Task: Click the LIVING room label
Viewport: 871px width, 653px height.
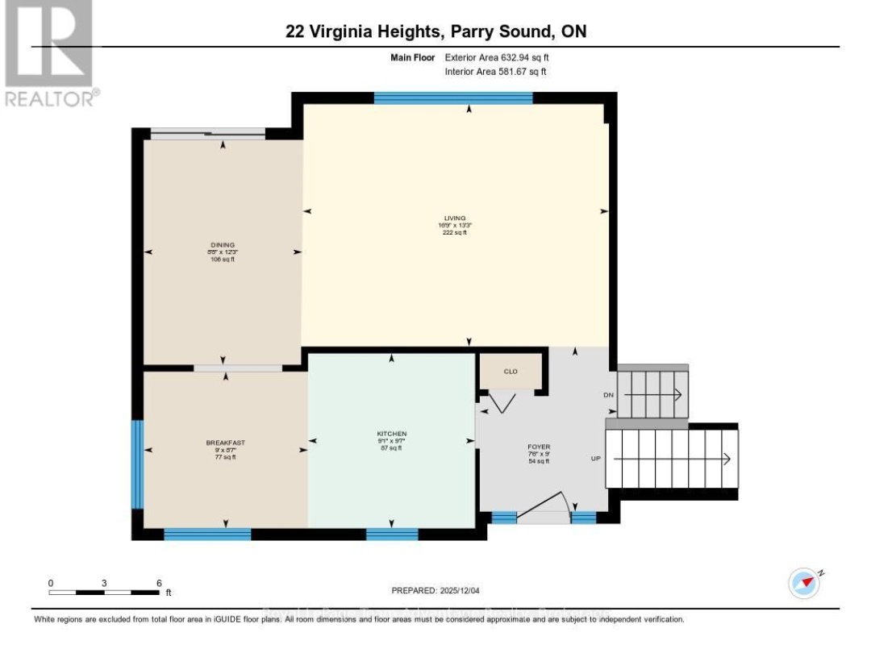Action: pos(456,218)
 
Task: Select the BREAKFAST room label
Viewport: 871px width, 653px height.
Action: pos(225,443)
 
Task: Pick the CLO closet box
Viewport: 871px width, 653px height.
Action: pos(511,371)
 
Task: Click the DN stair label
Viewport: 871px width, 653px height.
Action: pos(610,395)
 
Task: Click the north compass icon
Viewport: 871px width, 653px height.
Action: pos(806,581)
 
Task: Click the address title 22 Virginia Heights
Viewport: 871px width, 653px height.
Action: pos(435,32)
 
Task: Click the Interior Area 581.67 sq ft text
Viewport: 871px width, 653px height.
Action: pos(496,72)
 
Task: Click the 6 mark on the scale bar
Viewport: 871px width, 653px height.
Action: pos(159,582)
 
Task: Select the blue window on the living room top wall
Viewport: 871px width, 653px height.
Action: pos(453,98)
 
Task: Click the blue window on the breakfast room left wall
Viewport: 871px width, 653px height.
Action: pos(137,464)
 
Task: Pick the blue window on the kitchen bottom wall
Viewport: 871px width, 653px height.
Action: pos(392,534)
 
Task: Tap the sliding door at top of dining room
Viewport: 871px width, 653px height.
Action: pos(208,135)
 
